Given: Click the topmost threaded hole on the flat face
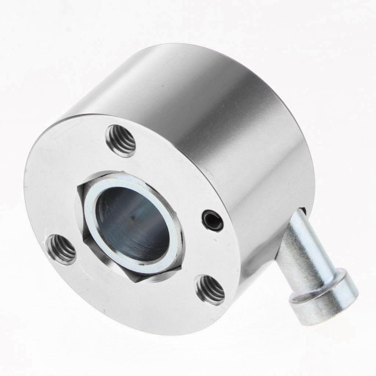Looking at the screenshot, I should pyautogui.click(x=121, y=141).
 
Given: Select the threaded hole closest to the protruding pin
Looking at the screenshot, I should pyautogui.click(x=210, y=289).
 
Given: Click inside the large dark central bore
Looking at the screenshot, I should pyautogui.click(x=132, y=224).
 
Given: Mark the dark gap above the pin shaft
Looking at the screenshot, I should pyautogui.click(x=302, y=211).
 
